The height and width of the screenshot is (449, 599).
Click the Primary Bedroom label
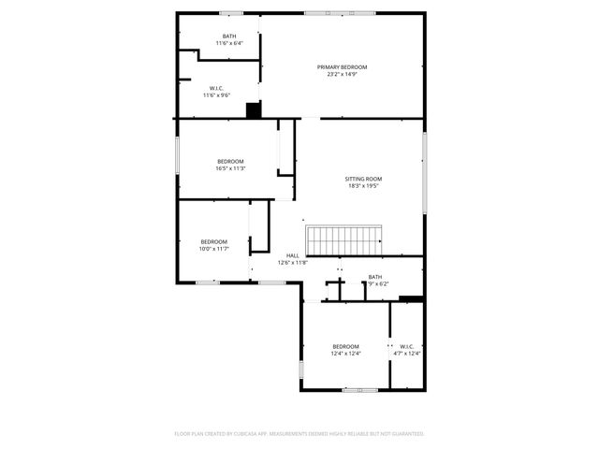coord(342,67)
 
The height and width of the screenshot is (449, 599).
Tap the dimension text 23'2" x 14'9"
coord(342,75)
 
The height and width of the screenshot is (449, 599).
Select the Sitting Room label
coord(364,179)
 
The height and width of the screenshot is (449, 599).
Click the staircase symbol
coord(345,239)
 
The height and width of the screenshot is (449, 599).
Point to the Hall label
coord(293,255)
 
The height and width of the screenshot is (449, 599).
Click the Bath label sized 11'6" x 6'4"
coord(229,36)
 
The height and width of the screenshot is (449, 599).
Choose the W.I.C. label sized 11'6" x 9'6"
coord(216,88)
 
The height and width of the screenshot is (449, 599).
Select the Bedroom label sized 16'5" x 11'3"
coord(230,161)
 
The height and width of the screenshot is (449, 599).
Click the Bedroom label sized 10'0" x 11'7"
coord(213,241)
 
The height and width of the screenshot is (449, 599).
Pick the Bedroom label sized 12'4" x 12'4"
coord(345,346)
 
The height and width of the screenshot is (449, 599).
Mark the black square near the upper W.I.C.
coord(253,110)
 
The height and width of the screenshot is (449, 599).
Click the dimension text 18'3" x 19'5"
coord(364,186)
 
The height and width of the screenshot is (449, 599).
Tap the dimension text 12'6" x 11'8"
coord(293,263)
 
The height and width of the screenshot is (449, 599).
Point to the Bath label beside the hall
coord(374,276)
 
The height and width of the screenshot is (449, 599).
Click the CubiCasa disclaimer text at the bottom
coord(299,433)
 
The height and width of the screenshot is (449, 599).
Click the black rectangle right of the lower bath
coord(410,298)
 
